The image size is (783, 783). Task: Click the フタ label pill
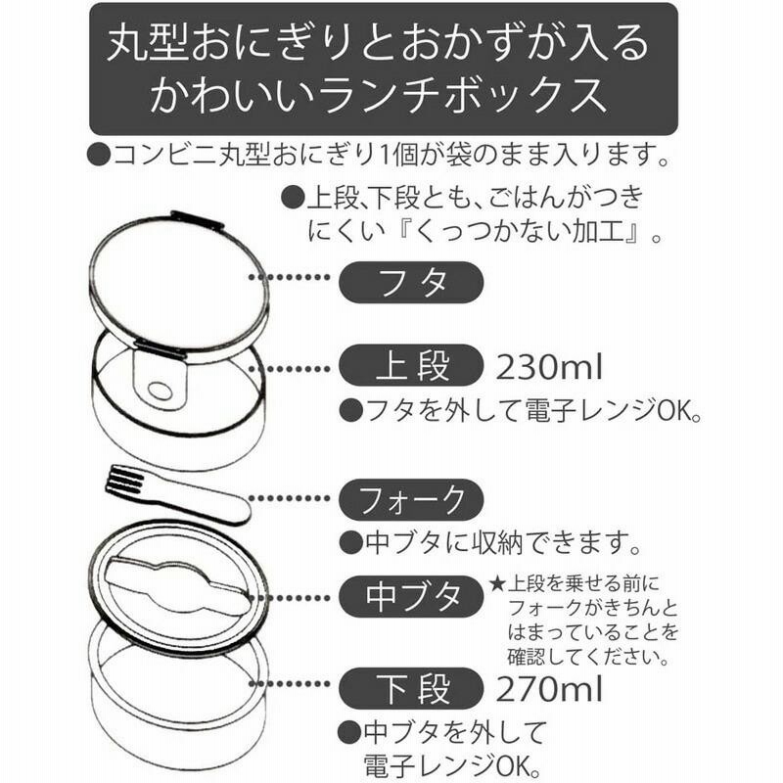pos(411,283)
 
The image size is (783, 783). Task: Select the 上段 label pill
pos(411,365)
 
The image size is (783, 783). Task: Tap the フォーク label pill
pos(411,499)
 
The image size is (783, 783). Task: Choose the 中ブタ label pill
pos(411,596)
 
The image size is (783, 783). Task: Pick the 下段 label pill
pos(411,689)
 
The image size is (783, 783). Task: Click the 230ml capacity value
pos(549,367)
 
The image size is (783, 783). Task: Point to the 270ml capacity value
pos(549,690)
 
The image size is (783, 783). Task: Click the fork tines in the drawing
pos(123,479)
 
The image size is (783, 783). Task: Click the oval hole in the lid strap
pos(161,391)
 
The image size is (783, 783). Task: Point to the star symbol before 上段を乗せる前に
pos(497,583)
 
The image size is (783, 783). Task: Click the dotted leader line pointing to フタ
pos(290,277)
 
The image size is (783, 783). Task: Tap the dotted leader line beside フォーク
pos(290,498)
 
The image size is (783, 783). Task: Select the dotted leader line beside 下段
pos(290,684)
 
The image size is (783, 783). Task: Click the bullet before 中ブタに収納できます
pos(350,543)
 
